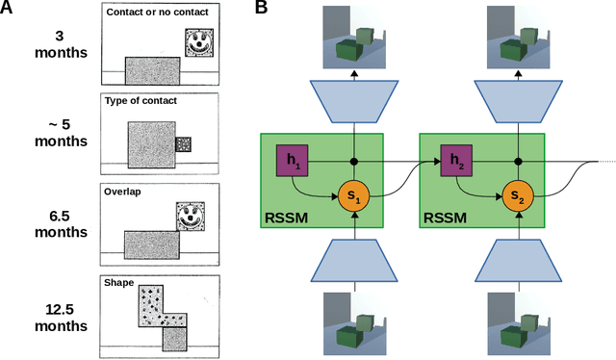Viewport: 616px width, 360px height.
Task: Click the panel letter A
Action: (9, 9)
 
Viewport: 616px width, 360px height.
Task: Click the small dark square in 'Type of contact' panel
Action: (184, 143)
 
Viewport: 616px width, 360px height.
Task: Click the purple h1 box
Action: (291, 160)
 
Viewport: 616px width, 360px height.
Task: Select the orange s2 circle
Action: (517, 198)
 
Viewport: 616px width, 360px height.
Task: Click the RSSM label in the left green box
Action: (288, 218)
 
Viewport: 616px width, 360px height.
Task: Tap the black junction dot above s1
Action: (355, 160)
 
